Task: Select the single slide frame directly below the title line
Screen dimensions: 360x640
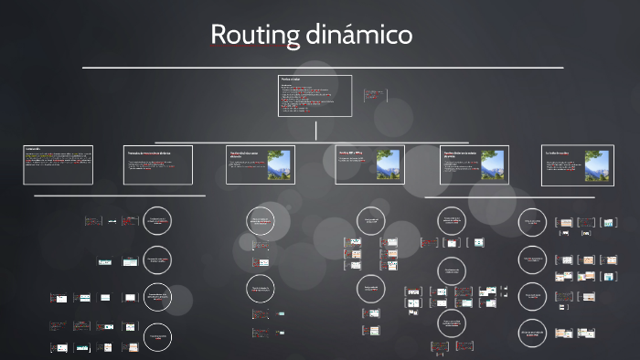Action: point(315,96)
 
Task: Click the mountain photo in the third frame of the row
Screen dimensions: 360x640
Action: point(279,164)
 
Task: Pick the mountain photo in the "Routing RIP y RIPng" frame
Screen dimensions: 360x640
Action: point(389,164)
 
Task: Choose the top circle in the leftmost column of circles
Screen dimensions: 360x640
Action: point(157,221)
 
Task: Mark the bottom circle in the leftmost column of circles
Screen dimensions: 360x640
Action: point(157,338)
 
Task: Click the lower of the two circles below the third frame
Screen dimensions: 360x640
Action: point(261,290)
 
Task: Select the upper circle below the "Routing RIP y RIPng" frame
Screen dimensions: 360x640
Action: point(371,221)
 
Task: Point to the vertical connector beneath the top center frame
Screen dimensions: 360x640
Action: point(315,132)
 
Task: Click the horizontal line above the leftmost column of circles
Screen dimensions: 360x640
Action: point(119,195)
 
